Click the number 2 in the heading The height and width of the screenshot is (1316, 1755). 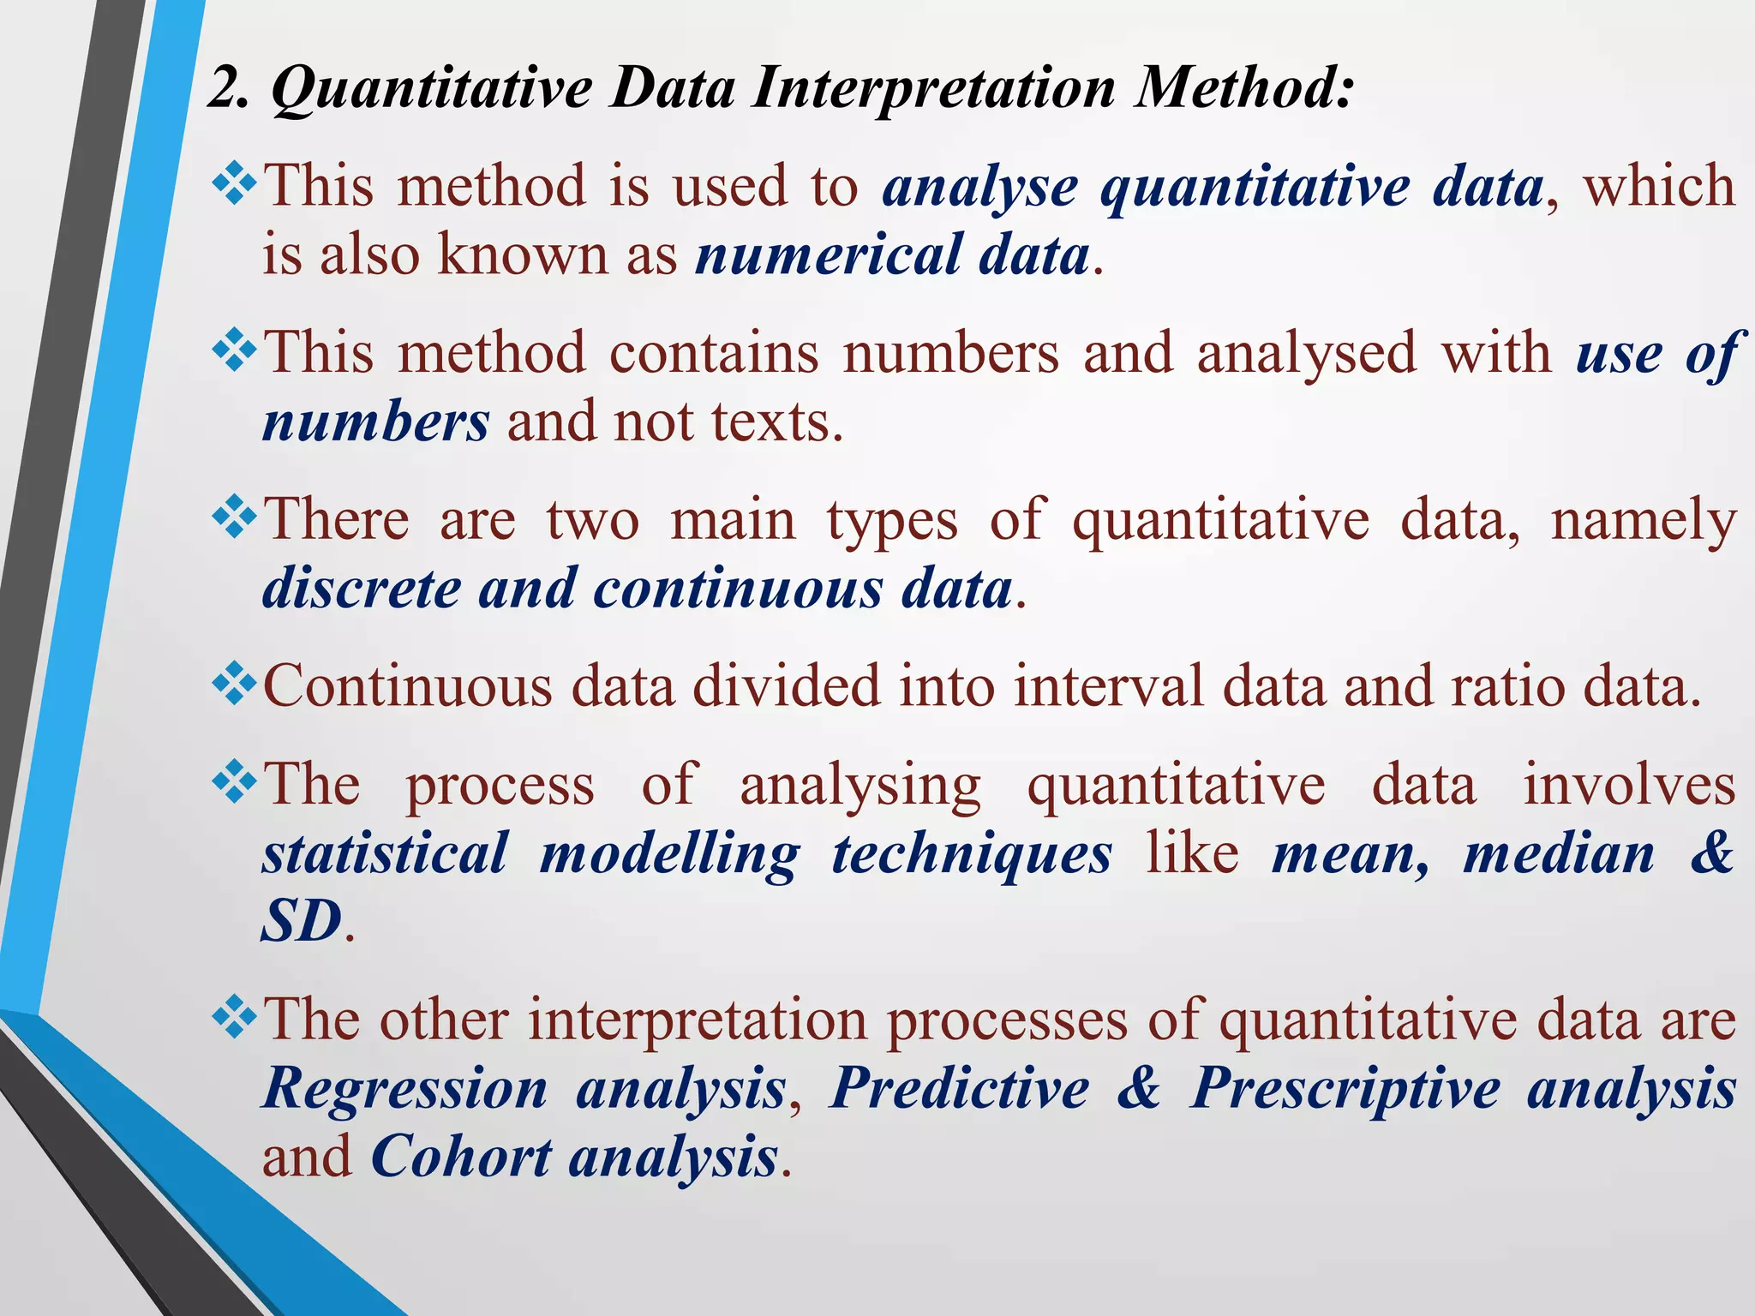coord(225,88)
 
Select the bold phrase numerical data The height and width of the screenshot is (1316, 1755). coord(892,255)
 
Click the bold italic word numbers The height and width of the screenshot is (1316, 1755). coord(375,422)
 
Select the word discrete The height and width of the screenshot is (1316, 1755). coord(361,589)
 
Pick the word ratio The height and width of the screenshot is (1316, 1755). coord(1507,687)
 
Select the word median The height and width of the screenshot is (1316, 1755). coord(1559,854)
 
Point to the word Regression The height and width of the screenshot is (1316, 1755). coord(404,1089)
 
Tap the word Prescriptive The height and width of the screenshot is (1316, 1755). coord(1345,1089)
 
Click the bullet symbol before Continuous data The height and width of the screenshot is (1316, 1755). coord(234,685)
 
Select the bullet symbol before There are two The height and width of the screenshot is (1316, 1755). coord(234,519)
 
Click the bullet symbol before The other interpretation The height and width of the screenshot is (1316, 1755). coord(234,1019)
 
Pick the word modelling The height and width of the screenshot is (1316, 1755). coord(669,856)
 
